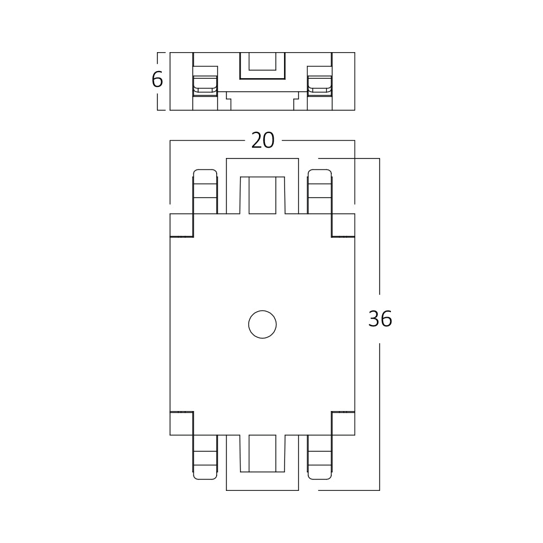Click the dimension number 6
click(157, 80)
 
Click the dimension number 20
click(263, 141)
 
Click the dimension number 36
click(380, 319)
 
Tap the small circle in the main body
click(262, 325)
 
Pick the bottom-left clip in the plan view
click(205, 457)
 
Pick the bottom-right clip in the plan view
click(319, 457)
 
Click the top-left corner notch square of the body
click(181, 225)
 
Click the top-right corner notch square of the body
click(343, 225)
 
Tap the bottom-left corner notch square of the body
click(181, 423)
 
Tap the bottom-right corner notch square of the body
click(343, 423)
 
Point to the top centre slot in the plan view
click(262, 194)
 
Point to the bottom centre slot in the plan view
click(262, 453)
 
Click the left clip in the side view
click(205, 81)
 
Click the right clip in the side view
click(319, 81)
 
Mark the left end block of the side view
click(181, 81)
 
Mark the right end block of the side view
click(343, 81)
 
